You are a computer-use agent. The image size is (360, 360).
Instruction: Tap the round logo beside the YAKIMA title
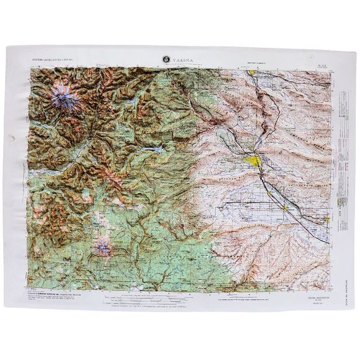166,59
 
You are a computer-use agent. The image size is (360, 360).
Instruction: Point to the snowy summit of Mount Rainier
61,100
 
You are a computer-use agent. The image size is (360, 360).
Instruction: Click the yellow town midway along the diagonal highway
272,184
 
